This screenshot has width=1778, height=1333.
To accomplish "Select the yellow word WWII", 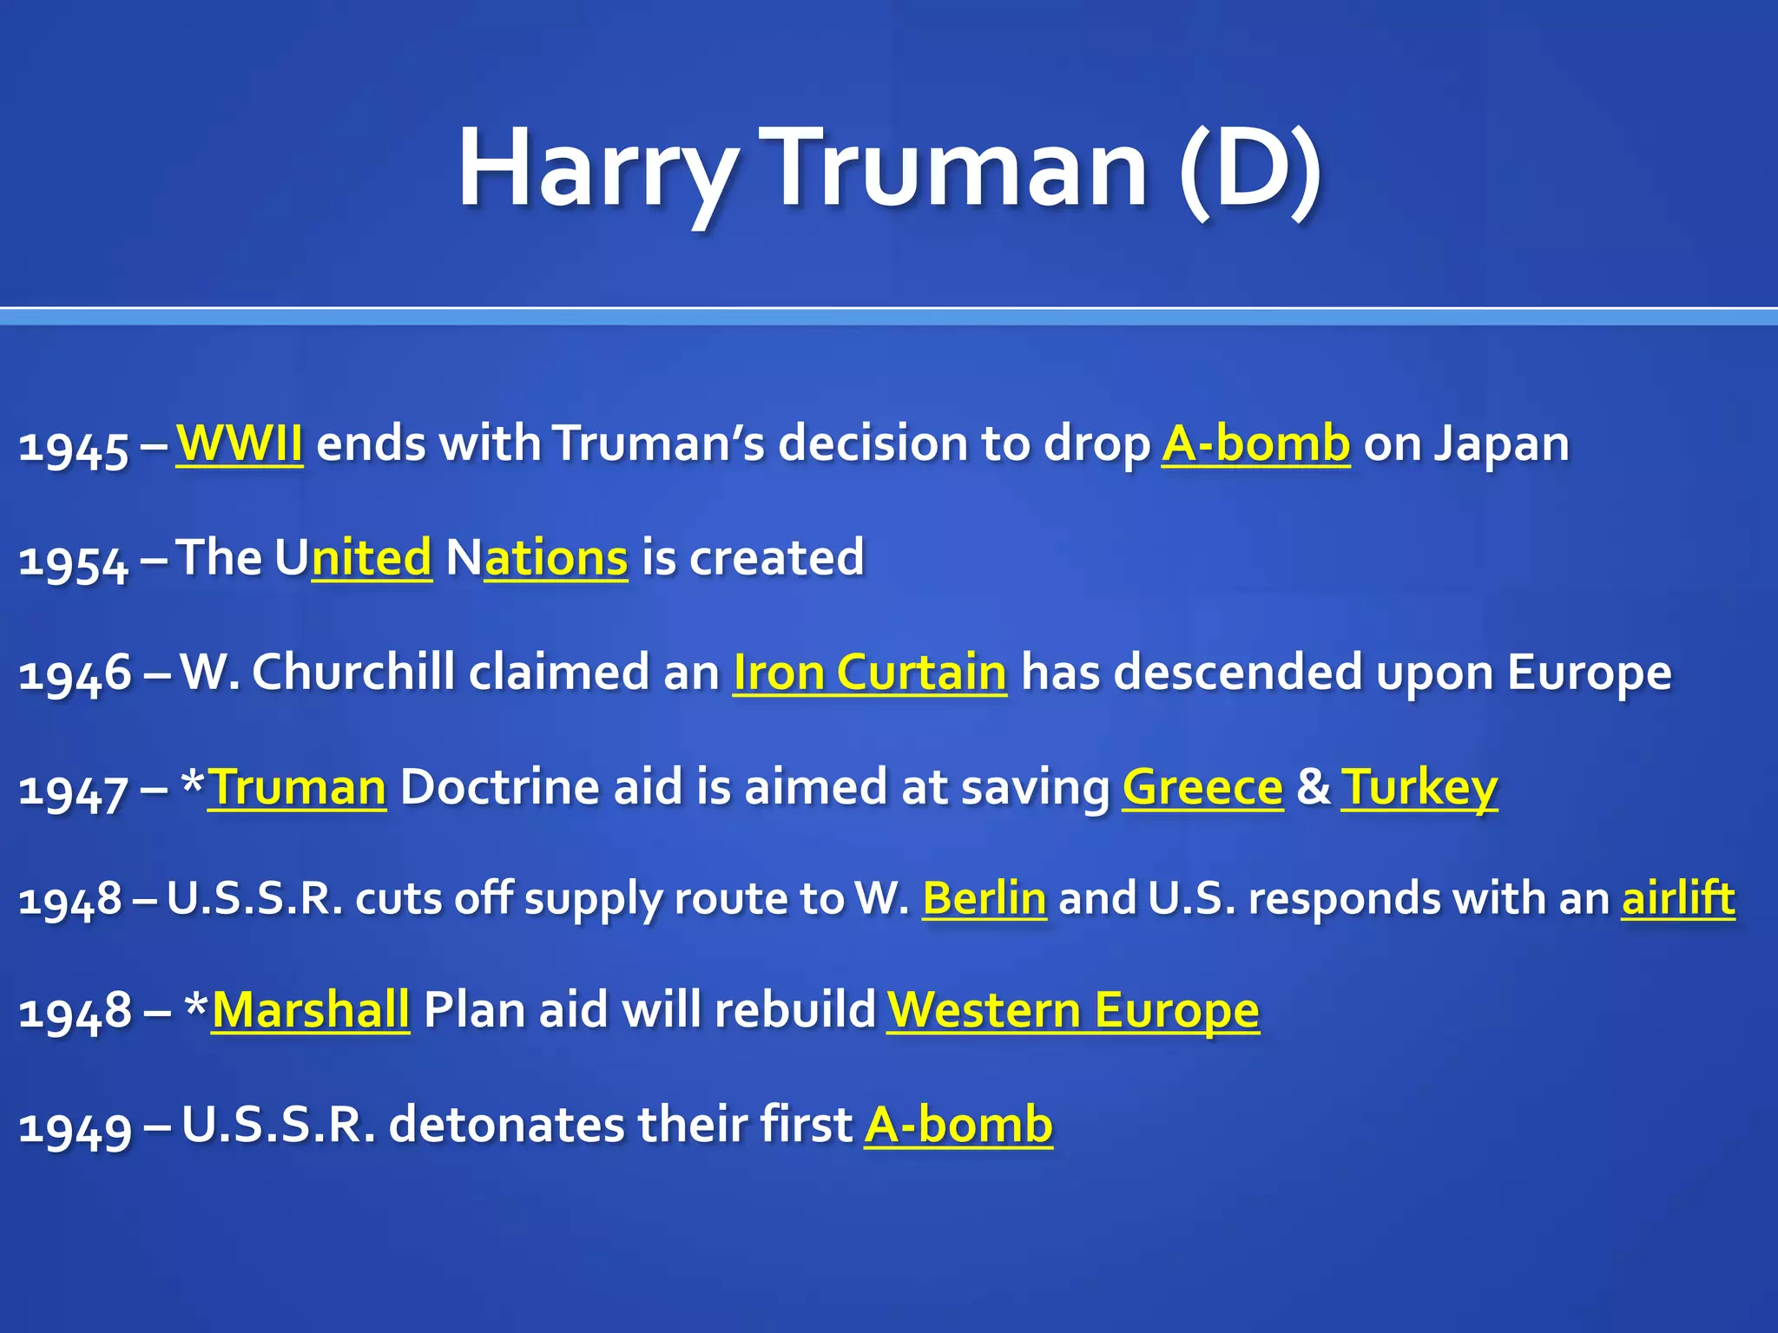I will point(240,443).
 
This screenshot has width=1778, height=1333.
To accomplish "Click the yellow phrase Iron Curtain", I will point(870,673).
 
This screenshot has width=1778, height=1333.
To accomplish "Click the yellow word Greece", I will point(1202,787).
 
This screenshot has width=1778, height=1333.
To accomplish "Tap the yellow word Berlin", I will point(984,898).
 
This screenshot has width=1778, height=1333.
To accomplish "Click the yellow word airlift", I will point(1678,898).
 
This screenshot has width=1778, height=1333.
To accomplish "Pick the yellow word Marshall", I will point(311,1010).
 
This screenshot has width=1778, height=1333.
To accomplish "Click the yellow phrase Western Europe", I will point(1073,1010).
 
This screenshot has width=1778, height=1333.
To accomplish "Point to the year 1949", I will point(75,1127).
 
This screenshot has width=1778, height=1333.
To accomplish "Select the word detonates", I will point(506,1125).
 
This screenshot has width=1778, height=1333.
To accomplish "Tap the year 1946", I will point(75,674).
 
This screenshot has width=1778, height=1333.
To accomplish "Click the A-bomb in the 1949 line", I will point(958,1125).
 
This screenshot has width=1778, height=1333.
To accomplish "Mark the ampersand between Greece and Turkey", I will point(1313,787).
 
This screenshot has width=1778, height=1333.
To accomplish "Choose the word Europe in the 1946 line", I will point(1590,673).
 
